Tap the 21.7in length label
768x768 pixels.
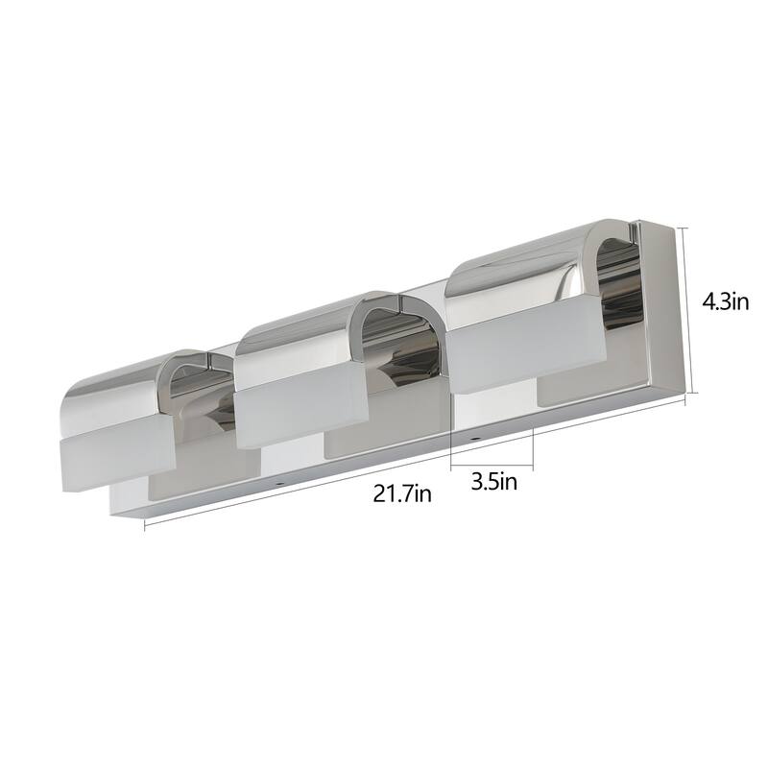[402, 494]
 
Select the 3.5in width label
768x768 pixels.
[493, 480]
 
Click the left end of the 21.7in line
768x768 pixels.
[146, 526]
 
